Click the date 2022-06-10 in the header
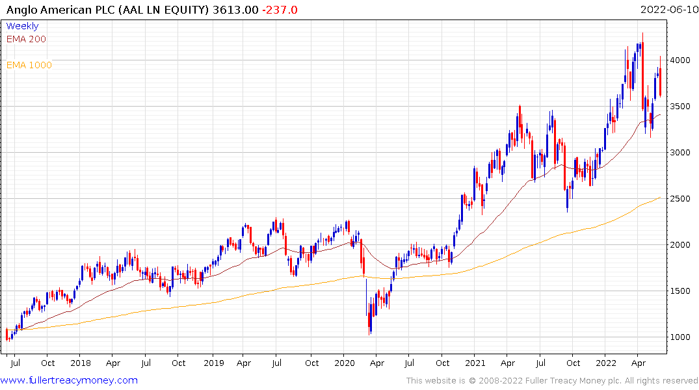click(668, 10)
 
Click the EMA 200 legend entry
click(26, 39)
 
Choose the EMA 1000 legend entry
click(29, 65)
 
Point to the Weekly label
click(22, 26)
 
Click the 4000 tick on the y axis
click(681, 60)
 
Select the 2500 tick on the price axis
click(681, 198)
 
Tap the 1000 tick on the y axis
click(681, 337)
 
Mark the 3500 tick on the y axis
click(681, 106)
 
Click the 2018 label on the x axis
click(81, 363)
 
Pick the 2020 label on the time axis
click(345, 363)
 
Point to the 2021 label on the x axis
click(477, 363)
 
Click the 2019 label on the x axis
click(213, 363)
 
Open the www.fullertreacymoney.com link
click(69, 380)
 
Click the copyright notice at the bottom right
click(552, 380)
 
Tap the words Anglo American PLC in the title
click(56, 10)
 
